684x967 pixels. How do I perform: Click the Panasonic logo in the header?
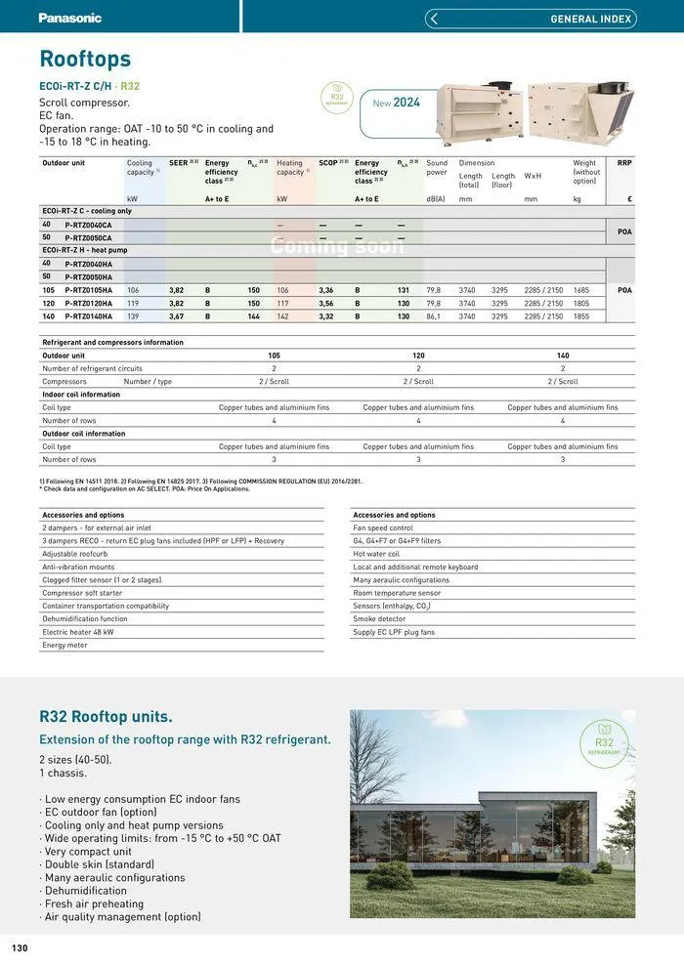(70, 18)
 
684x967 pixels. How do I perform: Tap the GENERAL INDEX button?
(531, 19)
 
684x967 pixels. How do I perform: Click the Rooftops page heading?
(85, 60)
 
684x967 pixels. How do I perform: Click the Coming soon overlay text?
(336, 245)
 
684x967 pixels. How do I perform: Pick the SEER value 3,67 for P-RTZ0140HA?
(177, 316)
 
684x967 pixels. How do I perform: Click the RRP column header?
(624, 163)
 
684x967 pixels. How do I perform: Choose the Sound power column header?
(437, 168)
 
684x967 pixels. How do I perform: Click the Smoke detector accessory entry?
(379, 619)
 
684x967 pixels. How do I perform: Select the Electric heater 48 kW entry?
(78, 632)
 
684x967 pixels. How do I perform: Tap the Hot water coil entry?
(376, 554)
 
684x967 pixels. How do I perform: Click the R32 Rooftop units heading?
(106, 717)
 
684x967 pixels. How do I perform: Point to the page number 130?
(20, 948)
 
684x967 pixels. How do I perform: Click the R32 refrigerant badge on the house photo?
(603, 740)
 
